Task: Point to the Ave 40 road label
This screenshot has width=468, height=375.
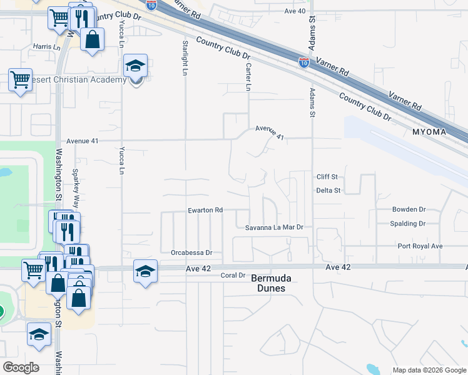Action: (295, 11)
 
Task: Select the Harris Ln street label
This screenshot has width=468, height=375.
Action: (48, 47)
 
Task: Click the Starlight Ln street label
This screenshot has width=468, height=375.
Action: (185, 58)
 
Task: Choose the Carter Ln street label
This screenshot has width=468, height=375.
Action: (248, 76)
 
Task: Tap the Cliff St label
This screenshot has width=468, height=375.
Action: (327, 177)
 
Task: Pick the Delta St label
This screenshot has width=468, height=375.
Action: (328, 191)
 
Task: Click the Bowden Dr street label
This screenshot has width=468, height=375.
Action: (409, 210)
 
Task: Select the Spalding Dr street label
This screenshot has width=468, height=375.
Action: (407, 224)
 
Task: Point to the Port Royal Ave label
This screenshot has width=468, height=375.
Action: (420, 246)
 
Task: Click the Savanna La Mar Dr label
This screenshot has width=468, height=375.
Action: (274, 227)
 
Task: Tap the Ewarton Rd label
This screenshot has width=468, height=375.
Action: (206, 211)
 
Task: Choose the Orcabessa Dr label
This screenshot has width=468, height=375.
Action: (192, 253)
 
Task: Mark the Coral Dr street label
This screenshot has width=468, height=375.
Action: (232, 275)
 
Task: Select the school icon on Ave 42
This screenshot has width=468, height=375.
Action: (146, 272)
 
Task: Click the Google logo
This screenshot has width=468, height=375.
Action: (21, 367)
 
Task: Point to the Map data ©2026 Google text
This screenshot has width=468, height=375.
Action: (429, 370)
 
